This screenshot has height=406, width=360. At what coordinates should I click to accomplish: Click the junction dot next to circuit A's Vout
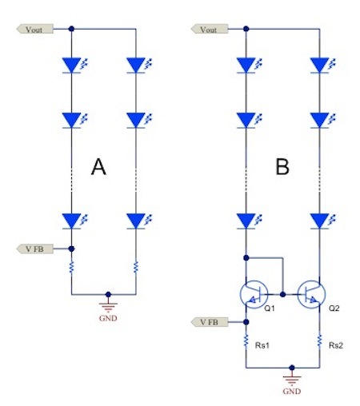72,29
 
